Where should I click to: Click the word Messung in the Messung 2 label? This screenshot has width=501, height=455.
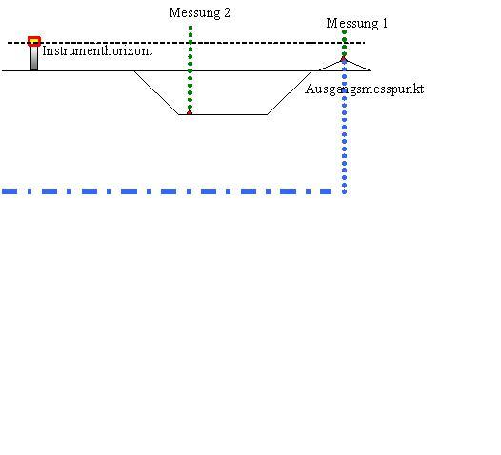(x=194, y=13)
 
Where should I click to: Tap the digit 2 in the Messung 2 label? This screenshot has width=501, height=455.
(x=227, y=12)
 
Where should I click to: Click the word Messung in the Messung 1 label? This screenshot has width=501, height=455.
(x=352, y=24)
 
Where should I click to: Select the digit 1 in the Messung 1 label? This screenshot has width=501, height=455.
(x=385, y=23)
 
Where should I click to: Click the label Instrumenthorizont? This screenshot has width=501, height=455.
(x=97, y=50)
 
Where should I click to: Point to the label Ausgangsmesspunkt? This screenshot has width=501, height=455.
(x=365, y=89)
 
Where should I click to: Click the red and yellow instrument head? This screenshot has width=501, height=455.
(x=34, y=41)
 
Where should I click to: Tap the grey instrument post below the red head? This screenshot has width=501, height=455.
(x=34, y=58)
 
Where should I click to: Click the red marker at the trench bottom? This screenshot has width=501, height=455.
(x=190, y=112)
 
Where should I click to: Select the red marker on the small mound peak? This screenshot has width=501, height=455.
(x=344, y=59)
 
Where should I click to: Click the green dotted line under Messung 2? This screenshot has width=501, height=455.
(x=190, y=69)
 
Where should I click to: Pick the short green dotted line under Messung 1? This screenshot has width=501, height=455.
(x=344, y=44)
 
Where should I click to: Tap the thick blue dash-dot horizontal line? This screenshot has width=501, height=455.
(x=167, y=191)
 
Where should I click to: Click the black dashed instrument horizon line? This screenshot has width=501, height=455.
(x=187, y=43)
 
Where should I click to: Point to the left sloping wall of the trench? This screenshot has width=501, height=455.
(x=156, y=92)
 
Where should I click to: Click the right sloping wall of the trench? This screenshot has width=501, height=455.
(x=290, y=92)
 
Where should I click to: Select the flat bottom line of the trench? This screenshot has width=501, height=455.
(x=223, y=114)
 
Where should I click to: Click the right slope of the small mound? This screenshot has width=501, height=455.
(x=357, y=65)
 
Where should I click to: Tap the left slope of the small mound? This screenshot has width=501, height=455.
(x=331, y=65)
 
